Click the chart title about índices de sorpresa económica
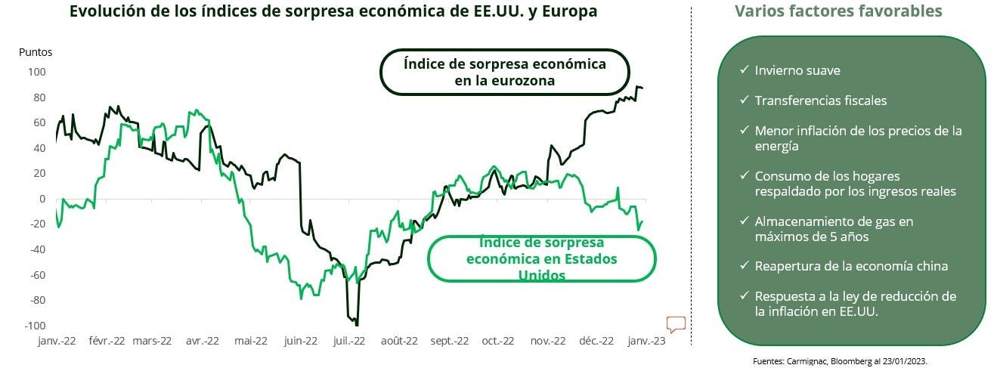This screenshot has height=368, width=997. click(x=333, y=12)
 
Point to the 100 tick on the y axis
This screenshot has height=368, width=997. click(x=37, y=73)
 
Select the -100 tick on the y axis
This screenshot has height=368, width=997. click(x=35, y=326)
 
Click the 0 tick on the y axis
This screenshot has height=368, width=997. click(x=42, y=199)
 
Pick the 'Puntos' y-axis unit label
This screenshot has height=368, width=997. click(x=36, y=53)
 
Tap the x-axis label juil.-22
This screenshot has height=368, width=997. click(x=349, y=341)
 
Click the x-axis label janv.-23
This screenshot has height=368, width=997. click(x=647, y=341)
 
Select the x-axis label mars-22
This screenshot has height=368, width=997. click(x=152, y=341)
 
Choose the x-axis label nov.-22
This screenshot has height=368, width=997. click(x=548, y=341)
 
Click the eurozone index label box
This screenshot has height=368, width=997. click(x=504, y=73)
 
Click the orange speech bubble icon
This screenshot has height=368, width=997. click(x=676, y=325)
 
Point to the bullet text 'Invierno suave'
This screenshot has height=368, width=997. click(x=797, y=70)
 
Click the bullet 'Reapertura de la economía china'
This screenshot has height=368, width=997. click(x=851, y=266)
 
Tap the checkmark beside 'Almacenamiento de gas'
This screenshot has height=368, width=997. click(x=744, y=222)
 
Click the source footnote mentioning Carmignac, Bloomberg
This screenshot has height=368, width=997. click(x=850, y=361)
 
